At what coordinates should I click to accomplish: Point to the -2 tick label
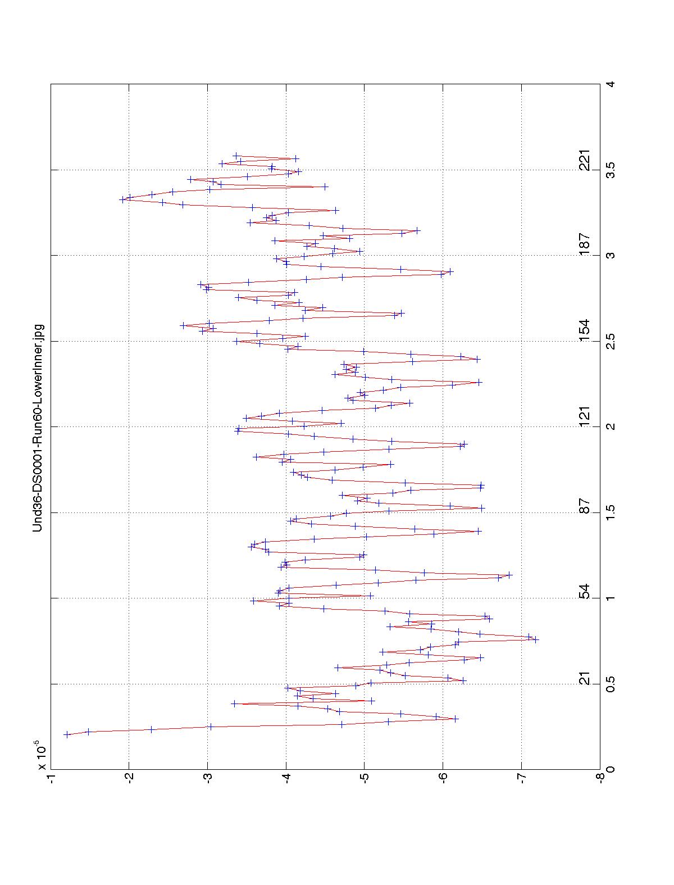pyautogui.click(x=129, y=780)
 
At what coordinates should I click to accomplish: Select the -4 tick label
pyautogui.click(x=286, y=780)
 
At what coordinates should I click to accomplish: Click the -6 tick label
pyautogui.click(x=443, y=780)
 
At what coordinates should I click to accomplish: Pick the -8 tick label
pyautogui.click(x=600, y=780)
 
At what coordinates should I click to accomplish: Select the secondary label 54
pyautogui.click(x=585, y=592)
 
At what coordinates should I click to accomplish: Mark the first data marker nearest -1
pyautogui.click(x=66, y=734)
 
